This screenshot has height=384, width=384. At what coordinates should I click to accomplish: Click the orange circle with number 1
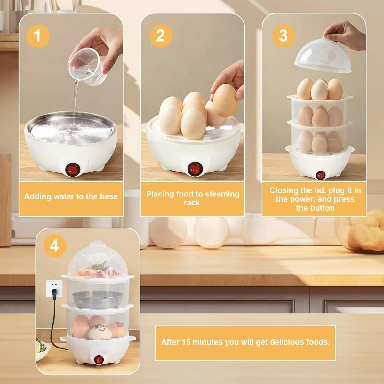tap(38, 36)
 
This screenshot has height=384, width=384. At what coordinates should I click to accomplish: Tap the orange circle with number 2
tap(161, 36)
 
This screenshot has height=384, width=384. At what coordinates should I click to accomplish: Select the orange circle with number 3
tap(284, 36)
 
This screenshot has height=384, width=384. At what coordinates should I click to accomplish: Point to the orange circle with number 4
tap(55, 246)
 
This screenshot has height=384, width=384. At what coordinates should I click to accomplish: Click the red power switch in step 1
tap(73, 170)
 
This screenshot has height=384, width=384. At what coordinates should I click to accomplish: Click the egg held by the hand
tap(225, 100)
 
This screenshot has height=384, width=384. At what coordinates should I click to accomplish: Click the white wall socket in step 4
tap(54, 288)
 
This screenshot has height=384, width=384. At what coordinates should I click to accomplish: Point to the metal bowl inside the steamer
tap(98, 300)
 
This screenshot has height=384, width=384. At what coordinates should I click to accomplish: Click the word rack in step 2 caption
tap(191, 203)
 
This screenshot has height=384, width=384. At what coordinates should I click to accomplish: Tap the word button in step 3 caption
tap(321, 208)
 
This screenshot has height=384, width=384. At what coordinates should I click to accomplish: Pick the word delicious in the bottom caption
tap(286, 342)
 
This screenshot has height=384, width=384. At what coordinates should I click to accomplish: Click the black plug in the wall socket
tap(54, 293)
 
